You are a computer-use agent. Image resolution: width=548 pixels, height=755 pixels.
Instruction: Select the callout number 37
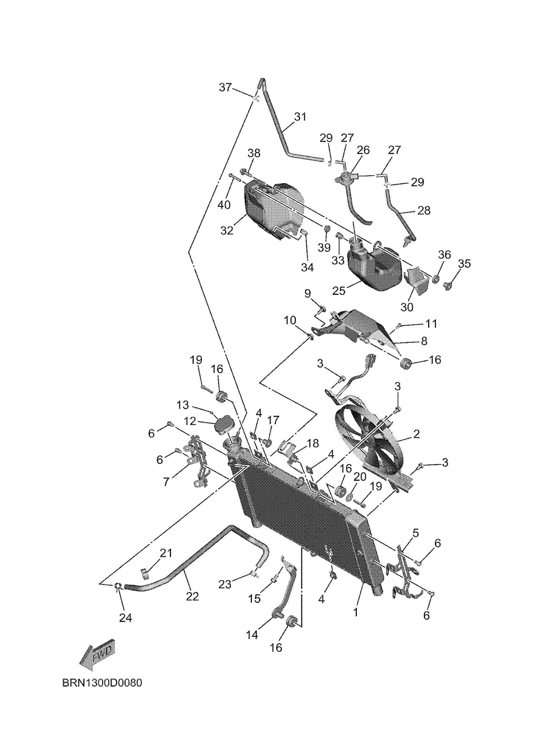pyautogui.click(x=225, y=88)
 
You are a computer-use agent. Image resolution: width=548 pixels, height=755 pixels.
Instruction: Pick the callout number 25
pyautogui.click(x=339, y=291)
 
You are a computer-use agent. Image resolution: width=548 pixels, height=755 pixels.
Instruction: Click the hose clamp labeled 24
pyautogui.click(x=118, y=586)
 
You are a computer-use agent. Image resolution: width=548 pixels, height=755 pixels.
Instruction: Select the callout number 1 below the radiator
pyautogui.click(x=355, y=612)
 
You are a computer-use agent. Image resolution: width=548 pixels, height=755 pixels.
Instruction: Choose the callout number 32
pyautogui.click(x=227, y=230)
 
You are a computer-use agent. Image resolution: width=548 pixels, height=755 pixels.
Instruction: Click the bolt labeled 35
pyautogui.click(x=448, y=285)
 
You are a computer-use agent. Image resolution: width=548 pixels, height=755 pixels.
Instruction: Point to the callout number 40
pyautogui.click(x=224, y=205)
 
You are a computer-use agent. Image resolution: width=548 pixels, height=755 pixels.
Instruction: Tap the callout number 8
pyautogui.click(x=424, y=341)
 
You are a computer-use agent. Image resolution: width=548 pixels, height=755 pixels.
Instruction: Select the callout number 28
pyautogui.click(x=424, y=210)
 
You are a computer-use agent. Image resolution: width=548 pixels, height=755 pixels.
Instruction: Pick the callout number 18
pyautogui.click(x=312, y=443)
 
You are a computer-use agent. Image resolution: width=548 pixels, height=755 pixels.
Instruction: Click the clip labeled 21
pyautogui.click(x=144, y=573)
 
